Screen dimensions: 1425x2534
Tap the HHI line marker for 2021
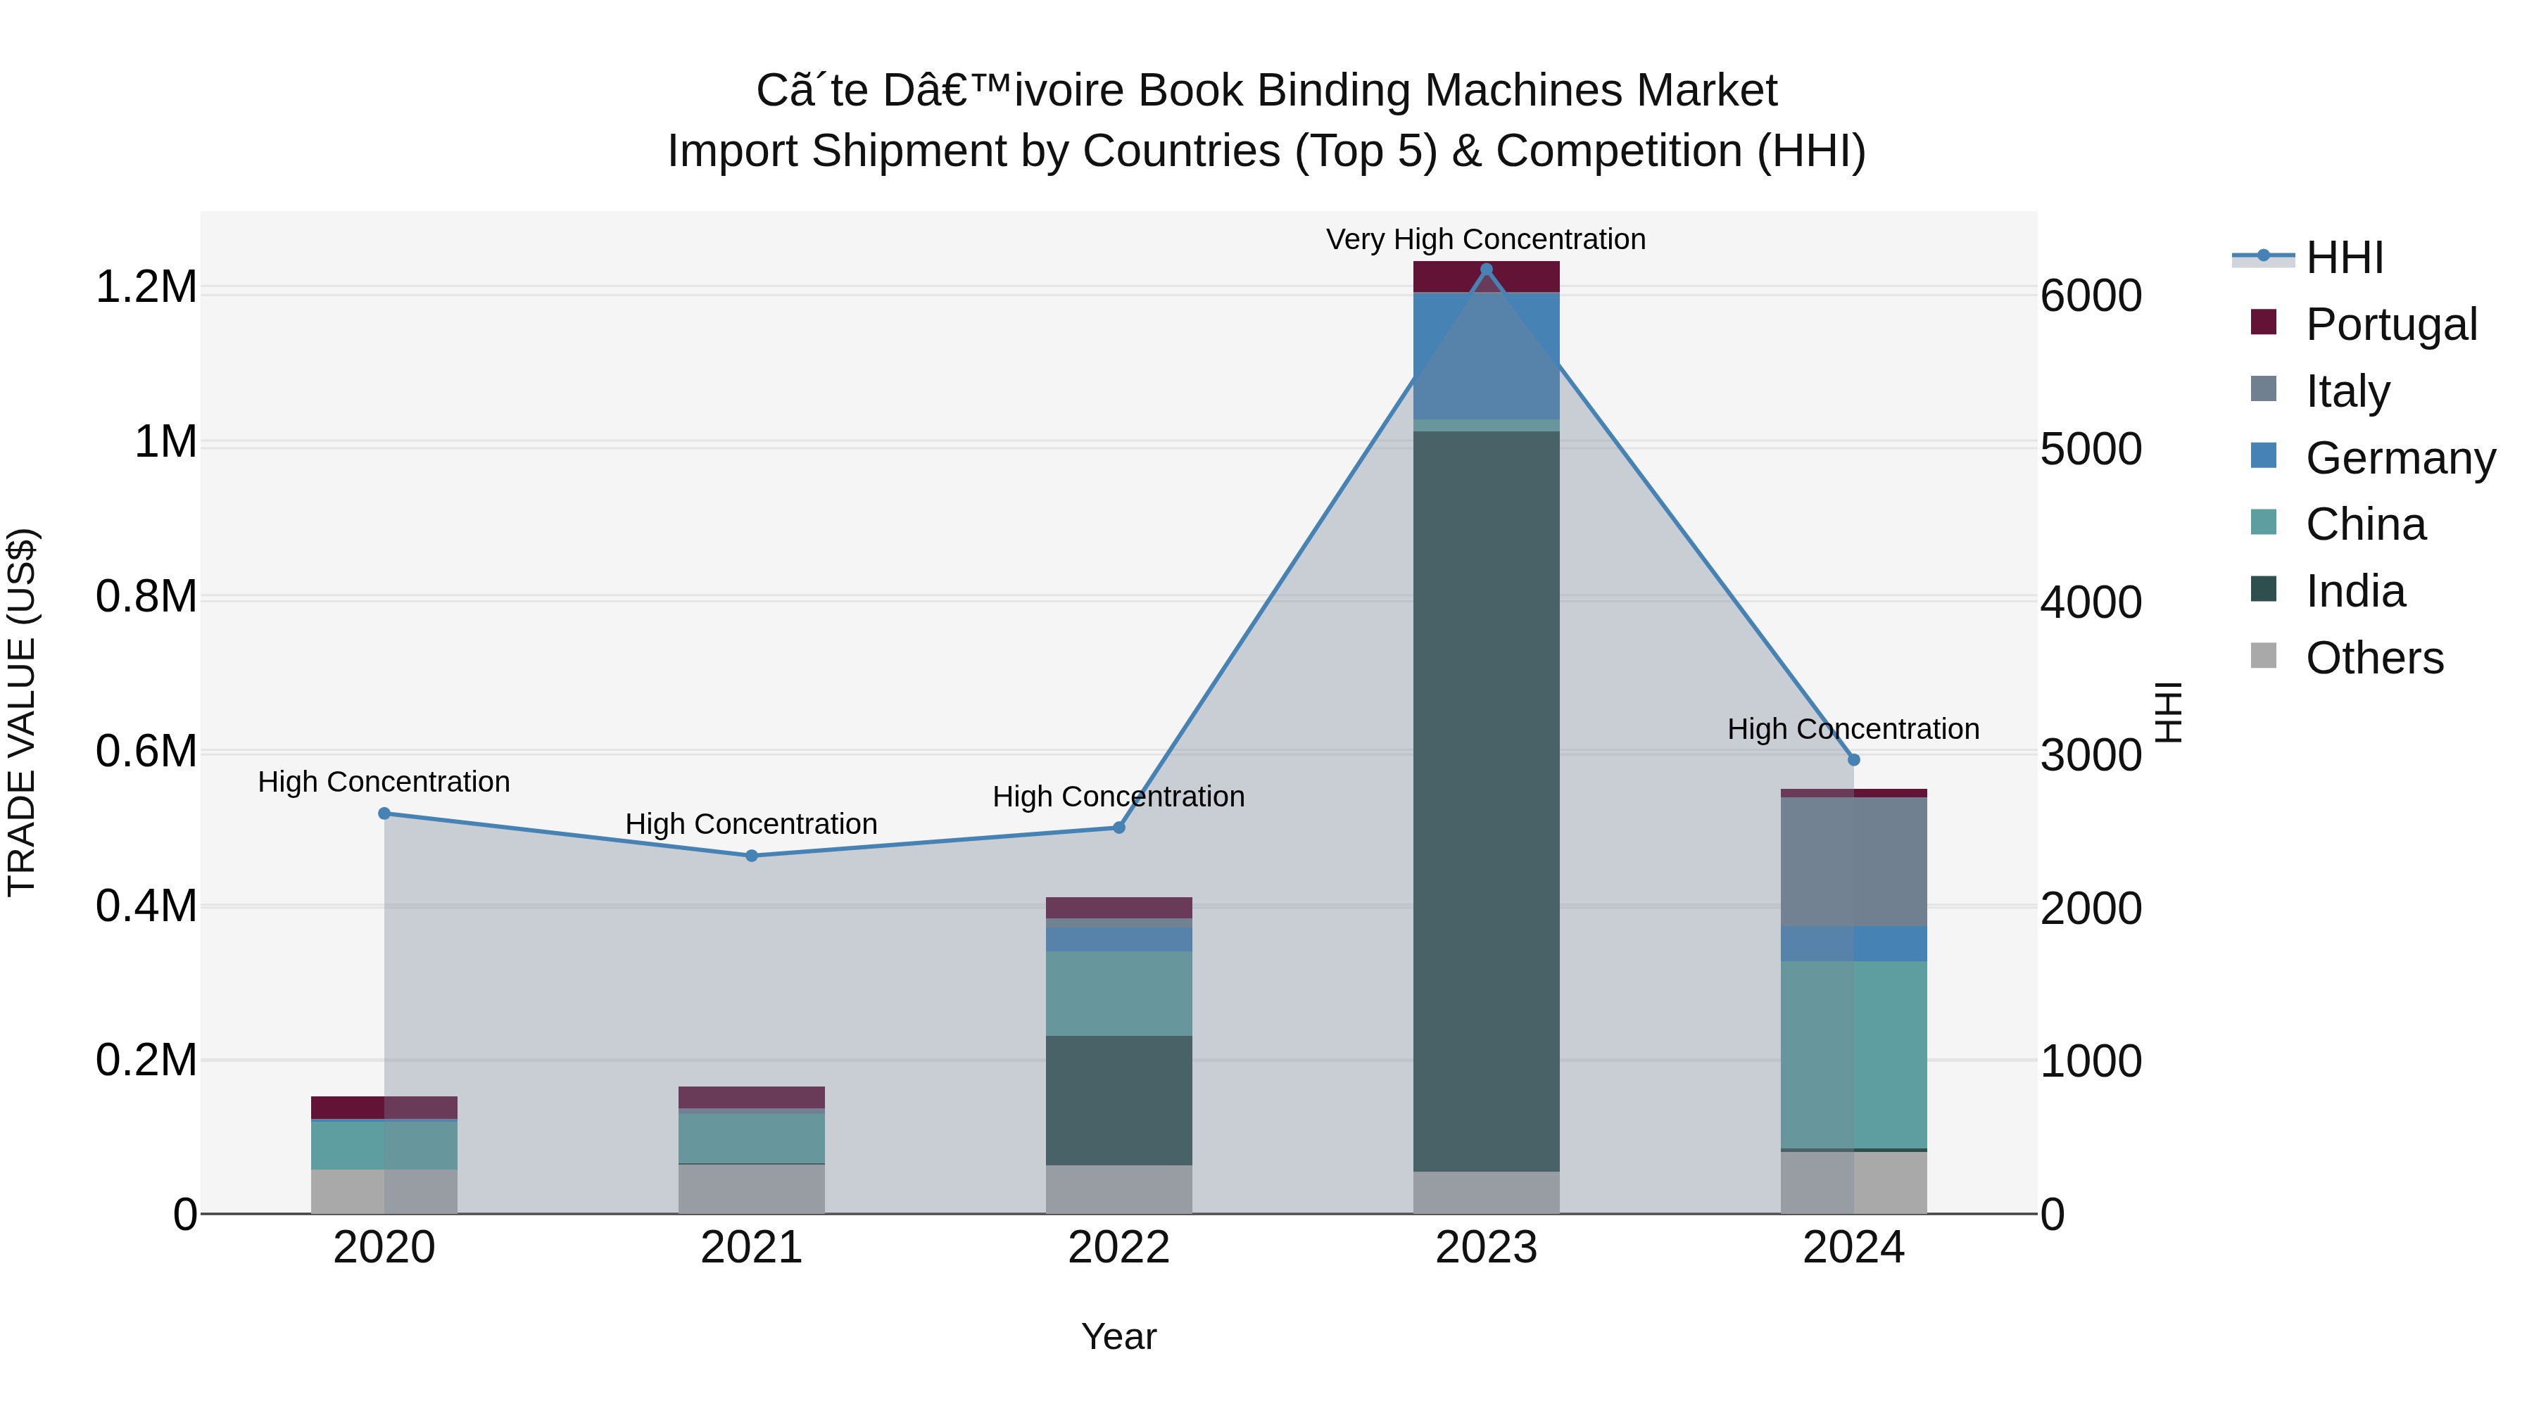(x=752, y=856)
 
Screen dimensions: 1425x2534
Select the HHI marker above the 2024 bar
(x=1853, y=759)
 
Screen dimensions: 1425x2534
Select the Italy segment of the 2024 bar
(x=1853, y=861)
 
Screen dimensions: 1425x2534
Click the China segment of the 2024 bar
(x=1853, y=1053)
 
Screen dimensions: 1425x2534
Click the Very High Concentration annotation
(x=1485, y=239)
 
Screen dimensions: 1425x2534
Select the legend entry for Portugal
(x=2390, y=324)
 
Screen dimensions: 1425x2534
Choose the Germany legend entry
(x=2400, y=457)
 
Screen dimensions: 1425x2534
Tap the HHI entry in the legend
(x=2344, y=258)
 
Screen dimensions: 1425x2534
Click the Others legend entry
(x=2374, y=658)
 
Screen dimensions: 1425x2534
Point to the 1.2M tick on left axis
(x=146, y=287)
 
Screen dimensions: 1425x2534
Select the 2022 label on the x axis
(x=1118, y=1247)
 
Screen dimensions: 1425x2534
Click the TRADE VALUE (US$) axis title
(x=22, y=712)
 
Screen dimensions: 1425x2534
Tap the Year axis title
(x=1118, y=1336)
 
